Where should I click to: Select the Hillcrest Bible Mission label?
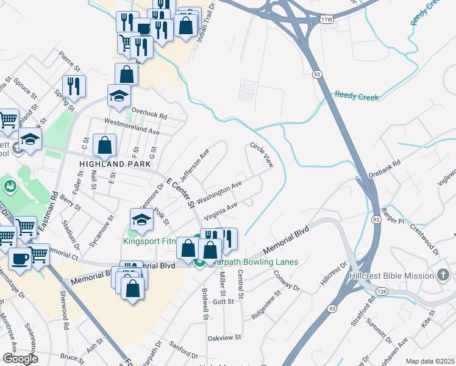click(391, 276)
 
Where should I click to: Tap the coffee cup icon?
click(20, 259)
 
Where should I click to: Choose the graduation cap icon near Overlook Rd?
click(119, 95)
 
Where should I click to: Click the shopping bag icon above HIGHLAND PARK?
click(105, 146)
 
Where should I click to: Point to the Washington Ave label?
click(220, 190)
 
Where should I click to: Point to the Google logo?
click(20, 359)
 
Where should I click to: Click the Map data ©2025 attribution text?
click(429, 361)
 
